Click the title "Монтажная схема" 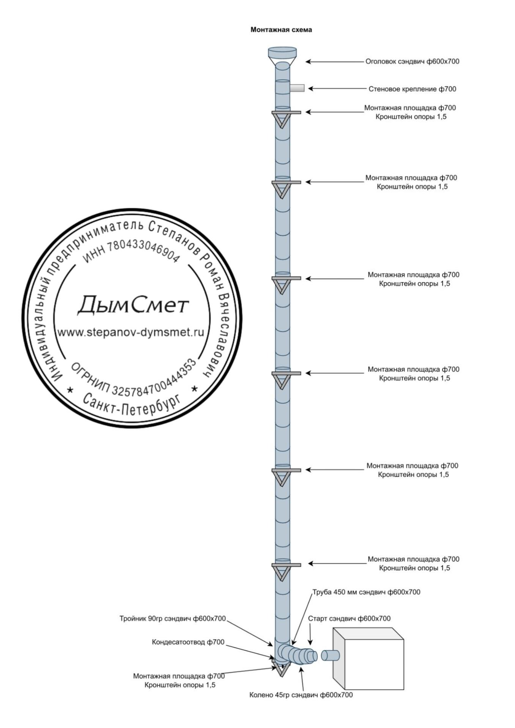(281, 30)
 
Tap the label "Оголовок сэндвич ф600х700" (412, 61)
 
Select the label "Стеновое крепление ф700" (412, 89)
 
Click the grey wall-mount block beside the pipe (297, 88)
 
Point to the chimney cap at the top (282, 55)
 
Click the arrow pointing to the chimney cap (334, 61)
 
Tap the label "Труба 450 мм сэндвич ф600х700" (366, 592)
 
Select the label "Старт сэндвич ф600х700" (349, 619)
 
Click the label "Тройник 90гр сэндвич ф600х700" (173, 619)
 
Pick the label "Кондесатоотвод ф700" (188, 642)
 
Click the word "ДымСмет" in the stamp (133, 306)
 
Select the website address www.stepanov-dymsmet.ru (131, 333)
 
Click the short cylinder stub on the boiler (330, 656)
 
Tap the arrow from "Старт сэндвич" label (310, 635)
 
